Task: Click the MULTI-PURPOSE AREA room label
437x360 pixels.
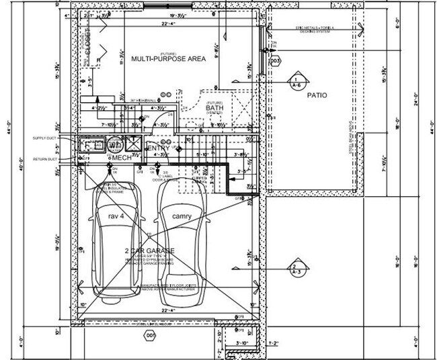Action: (168, 59)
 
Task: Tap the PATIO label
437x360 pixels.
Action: (317, 95)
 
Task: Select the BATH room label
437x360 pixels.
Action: (214, 107)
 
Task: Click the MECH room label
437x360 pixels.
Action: (122, 157)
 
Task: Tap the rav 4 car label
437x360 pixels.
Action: (117, 216)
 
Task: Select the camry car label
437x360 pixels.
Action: (181, 216)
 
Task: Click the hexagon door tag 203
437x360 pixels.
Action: (274, 61)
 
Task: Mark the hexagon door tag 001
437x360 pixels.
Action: (149, 334)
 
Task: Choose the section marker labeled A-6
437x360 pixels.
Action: (296, 83)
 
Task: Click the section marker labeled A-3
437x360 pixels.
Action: (295, 269)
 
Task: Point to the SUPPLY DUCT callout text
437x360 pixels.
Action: (47, 138)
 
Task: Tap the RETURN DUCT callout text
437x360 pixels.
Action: (47, 160)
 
